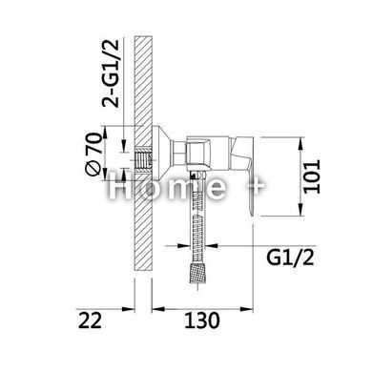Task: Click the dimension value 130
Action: tap(202, 320)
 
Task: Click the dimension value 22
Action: tap(90, 320)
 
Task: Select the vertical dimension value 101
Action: tap(312, 176)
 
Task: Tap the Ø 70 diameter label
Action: tap(94, 154)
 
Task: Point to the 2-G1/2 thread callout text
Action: tap(111, 73)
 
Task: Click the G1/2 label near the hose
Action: tap(290, 258)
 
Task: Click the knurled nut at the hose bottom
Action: tap(198, 272)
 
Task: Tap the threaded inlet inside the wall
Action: tap(142, 158)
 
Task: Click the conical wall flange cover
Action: tap(162, 154)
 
